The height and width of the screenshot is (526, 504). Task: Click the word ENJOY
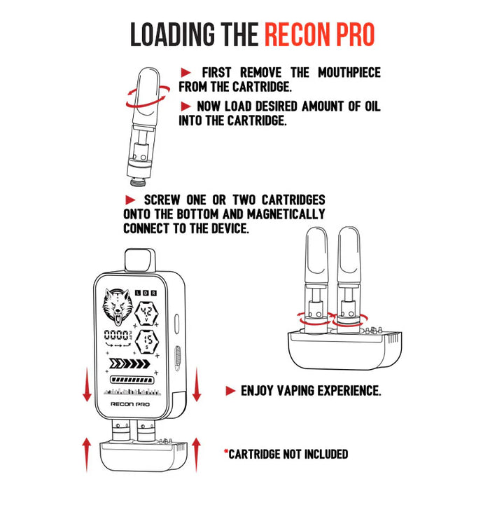[257, 391]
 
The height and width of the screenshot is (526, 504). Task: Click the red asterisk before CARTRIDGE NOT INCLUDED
[226, 454]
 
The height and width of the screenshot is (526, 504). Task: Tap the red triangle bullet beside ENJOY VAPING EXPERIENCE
[231, 391]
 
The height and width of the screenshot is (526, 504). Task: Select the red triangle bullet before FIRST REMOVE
[186, 73]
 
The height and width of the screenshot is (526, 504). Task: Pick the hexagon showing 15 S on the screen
[148, 342]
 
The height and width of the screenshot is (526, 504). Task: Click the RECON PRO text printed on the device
[129, 404]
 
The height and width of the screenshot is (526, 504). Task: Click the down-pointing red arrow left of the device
[87, 385]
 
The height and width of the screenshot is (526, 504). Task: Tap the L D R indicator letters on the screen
[146, 293]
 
